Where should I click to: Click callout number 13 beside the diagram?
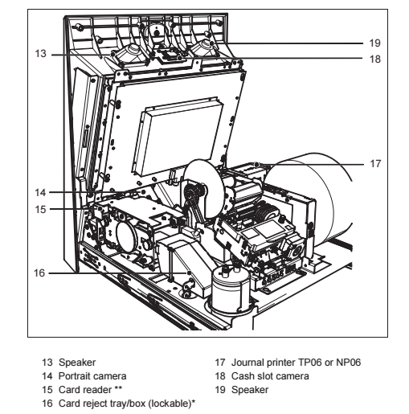coord(40,54)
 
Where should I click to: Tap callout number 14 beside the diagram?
coord(40,192)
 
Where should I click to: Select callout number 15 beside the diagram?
coord(40,209)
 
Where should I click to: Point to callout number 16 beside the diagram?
coord(39,273)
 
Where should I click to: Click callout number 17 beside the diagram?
coord(375,163)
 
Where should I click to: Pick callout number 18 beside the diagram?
coord(375,59)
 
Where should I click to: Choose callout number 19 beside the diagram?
coord(374,43)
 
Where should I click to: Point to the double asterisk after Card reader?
coord(118,388)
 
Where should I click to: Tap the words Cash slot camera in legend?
coord(270,376)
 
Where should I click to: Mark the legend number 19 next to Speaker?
coord(220,390)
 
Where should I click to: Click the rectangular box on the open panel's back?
coord(178,137)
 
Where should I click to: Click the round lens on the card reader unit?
coord(127,237)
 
